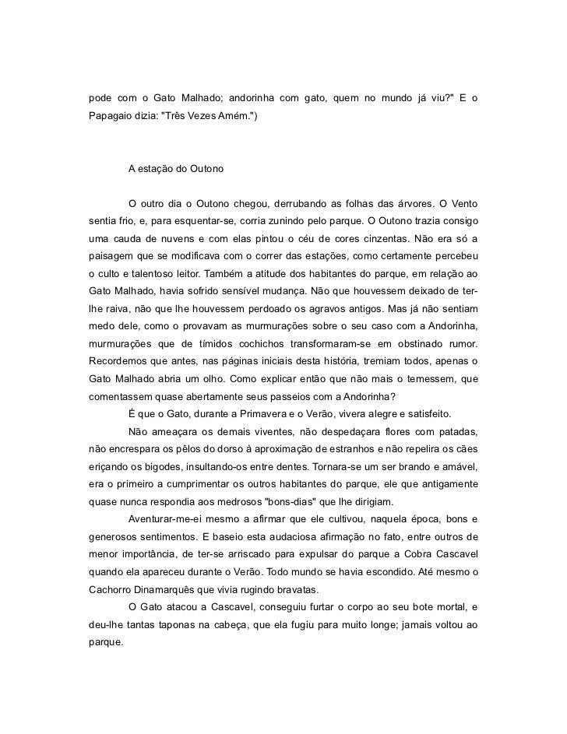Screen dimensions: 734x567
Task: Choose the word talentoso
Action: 150,275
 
